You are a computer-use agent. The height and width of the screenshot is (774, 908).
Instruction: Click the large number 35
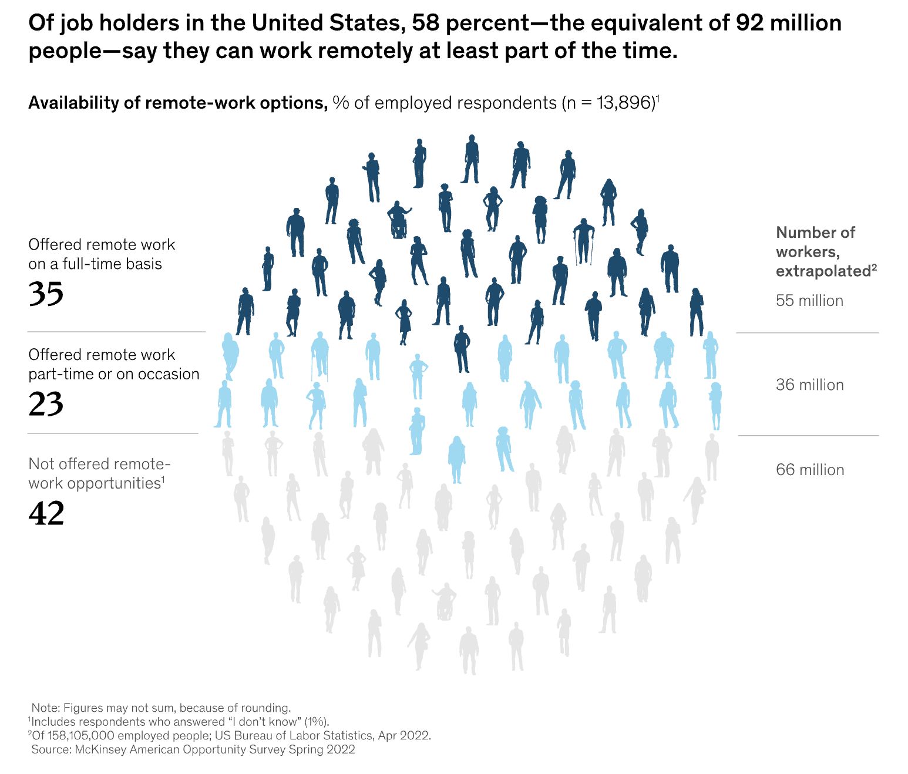pos(46,294)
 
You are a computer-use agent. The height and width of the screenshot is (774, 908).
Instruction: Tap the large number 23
pos(46,404)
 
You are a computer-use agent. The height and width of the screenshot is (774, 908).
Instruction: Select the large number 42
pos(46,514)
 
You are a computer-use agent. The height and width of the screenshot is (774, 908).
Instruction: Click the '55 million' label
pos(809,301)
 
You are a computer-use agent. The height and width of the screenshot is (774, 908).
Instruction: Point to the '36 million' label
pos(809,385)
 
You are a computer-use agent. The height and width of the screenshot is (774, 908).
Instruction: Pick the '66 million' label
pos(810,470)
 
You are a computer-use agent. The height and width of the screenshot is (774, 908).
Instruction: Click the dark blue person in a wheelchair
pos(399,220)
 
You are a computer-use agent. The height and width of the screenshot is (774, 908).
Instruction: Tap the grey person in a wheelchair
pos(445,601)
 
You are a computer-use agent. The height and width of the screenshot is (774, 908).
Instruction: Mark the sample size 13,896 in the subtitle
pos(625,103)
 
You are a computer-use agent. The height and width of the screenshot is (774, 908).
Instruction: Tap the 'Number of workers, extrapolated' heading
pos(822,251)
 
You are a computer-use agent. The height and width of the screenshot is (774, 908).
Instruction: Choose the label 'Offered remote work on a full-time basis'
pos(102,254)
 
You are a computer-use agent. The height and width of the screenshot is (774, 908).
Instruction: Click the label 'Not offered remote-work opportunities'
pos(99,473)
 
